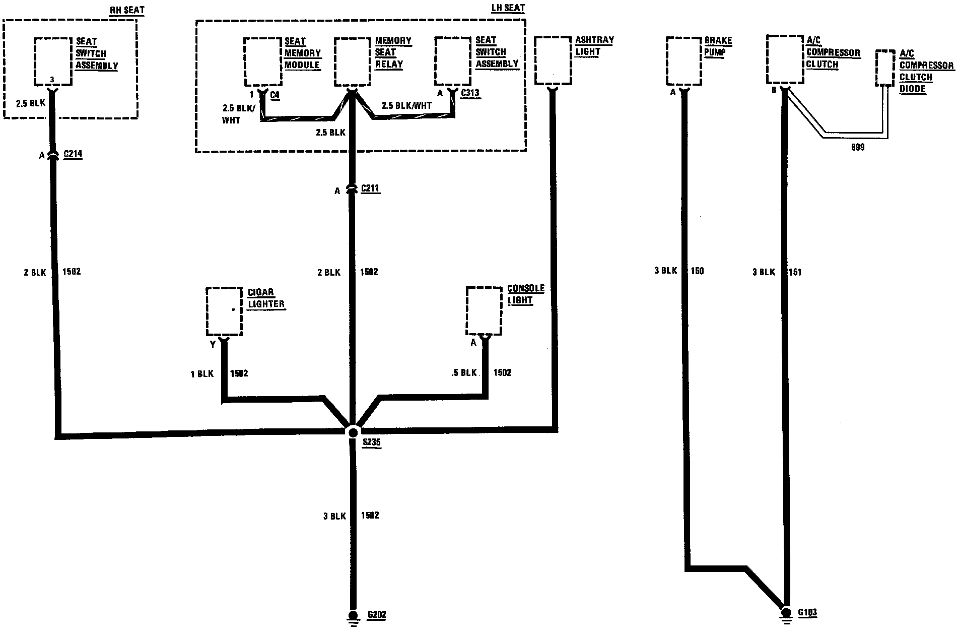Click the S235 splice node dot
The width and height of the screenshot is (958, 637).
tap(353, 432)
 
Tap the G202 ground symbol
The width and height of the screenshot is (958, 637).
tap(353, 617)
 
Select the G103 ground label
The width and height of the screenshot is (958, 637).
tap(807, 613)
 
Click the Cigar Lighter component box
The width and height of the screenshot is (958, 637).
tap(224, 311)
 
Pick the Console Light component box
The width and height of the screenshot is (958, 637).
tap(484, 310)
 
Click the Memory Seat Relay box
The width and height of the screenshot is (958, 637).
tap(353, 61)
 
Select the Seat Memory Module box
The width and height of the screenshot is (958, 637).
tap(262, 61)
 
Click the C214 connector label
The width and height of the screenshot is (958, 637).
tap(73, 154)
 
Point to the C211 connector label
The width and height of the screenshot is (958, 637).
tap(370, 189)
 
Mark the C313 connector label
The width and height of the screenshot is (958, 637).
tap(470, 93)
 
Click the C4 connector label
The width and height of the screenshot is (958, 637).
tap(275, 94)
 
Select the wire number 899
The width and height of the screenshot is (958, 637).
tap(857, 147)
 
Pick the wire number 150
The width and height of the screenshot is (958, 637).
tap(697, 271)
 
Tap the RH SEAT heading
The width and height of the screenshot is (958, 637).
tap(127, 10)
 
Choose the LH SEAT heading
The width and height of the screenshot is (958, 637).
tap(508, 9)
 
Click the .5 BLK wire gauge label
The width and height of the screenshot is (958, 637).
tap(464, 373)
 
